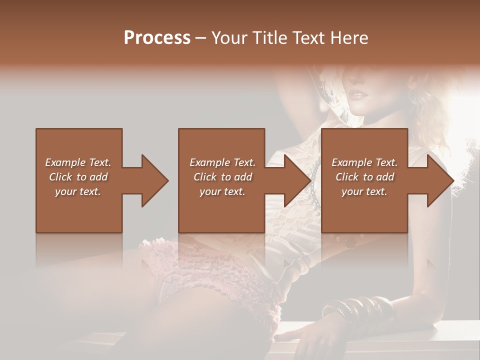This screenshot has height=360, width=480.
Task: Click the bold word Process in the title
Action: tap(157, 38)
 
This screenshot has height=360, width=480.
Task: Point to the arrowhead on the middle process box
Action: tap(297, 180)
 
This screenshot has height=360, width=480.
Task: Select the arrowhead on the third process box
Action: tap(440, 180)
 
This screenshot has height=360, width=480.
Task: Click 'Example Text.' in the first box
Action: tap(78, 162)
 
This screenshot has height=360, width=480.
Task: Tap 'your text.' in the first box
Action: tap(78, 191)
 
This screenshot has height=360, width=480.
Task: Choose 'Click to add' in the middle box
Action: tap(222, 177)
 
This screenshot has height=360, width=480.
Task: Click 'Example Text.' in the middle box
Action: tap(222, 162)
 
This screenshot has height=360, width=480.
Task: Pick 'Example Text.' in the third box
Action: tap(364, 162)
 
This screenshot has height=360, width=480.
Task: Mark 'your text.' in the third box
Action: tap(364, 191)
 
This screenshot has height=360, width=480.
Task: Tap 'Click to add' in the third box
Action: tap(364, 177)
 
